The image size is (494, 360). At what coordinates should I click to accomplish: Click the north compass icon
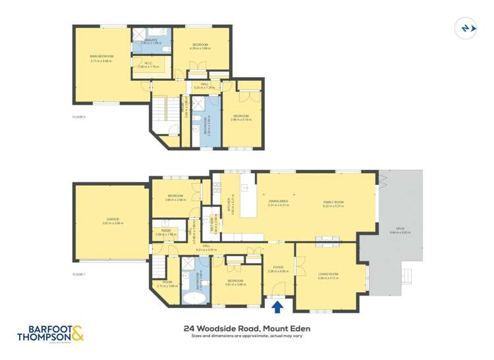point(466,28)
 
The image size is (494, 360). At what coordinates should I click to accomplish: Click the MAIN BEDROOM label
point(102,57)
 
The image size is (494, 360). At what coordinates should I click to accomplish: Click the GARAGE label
point(113,220)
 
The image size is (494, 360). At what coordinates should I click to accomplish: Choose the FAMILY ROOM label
point(333,203)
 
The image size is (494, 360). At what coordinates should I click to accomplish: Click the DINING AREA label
point(279,203)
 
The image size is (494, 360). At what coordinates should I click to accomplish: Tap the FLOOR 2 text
point(79,116)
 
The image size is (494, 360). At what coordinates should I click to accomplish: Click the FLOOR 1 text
point(79,274)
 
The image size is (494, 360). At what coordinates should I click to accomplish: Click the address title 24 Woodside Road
point(246,328)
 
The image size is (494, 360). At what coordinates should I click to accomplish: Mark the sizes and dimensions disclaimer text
point(246,336)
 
